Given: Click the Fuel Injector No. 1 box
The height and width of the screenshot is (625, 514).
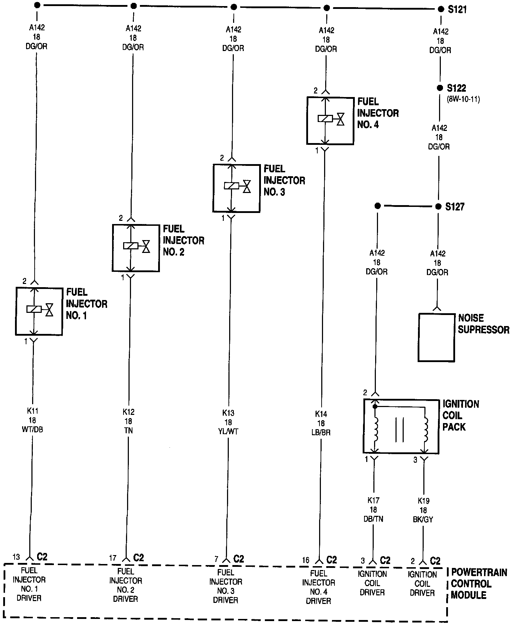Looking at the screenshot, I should coord(39,311).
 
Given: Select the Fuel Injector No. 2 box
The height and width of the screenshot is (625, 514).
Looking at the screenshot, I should coord(136,248).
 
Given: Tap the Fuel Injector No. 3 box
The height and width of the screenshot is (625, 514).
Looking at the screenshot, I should coord(236,188).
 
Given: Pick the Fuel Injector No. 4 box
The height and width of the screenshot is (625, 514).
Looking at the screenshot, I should coord(330,121).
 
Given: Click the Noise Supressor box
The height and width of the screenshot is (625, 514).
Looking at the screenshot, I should coord(437,337).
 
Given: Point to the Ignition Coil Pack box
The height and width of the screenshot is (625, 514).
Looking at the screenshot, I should coord(401,426).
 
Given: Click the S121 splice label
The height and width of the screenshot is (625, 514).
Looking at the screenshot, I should coord(457,10).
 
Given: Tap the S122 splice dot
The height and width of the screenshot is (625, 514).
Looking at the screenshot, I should coord(440,88).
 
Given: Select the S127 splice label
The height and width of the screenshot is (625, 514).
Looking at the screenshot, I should coord(455,207).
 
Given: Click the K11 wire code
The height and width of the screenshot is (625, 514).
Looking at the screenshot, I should coord(33,411).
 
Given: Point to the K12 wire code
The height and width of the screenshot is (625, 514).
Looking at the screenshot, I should coord(128,412).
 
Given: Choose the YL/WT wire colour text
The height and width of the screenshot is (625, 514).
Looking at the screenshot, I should coord(228,432).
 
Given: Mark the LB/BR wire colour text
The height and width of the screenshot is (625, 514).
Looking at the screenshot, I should coord(321,433).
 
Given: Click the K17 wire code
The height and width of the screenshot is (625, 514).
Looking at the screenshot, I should coord(373,500).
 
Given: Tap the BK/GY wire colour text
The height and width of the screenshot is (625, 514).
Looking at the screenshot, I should coord(423,520).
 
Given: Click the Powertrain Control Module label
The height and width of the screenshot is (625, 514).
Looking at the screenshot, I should coord(478,584).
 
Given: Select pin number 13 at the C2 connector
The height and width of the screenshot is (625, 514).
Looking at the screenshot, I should coord(16,557).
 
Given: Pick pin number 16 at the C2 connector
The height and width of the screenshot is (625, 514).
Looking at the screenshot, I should coord(306,560).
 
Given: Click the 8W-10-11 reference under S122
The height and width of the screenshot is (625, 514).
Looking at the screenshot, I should coord(463,100).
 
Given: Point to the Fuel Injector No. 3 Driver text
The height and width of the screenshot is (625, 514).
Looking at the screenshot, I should coord(226,586).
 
